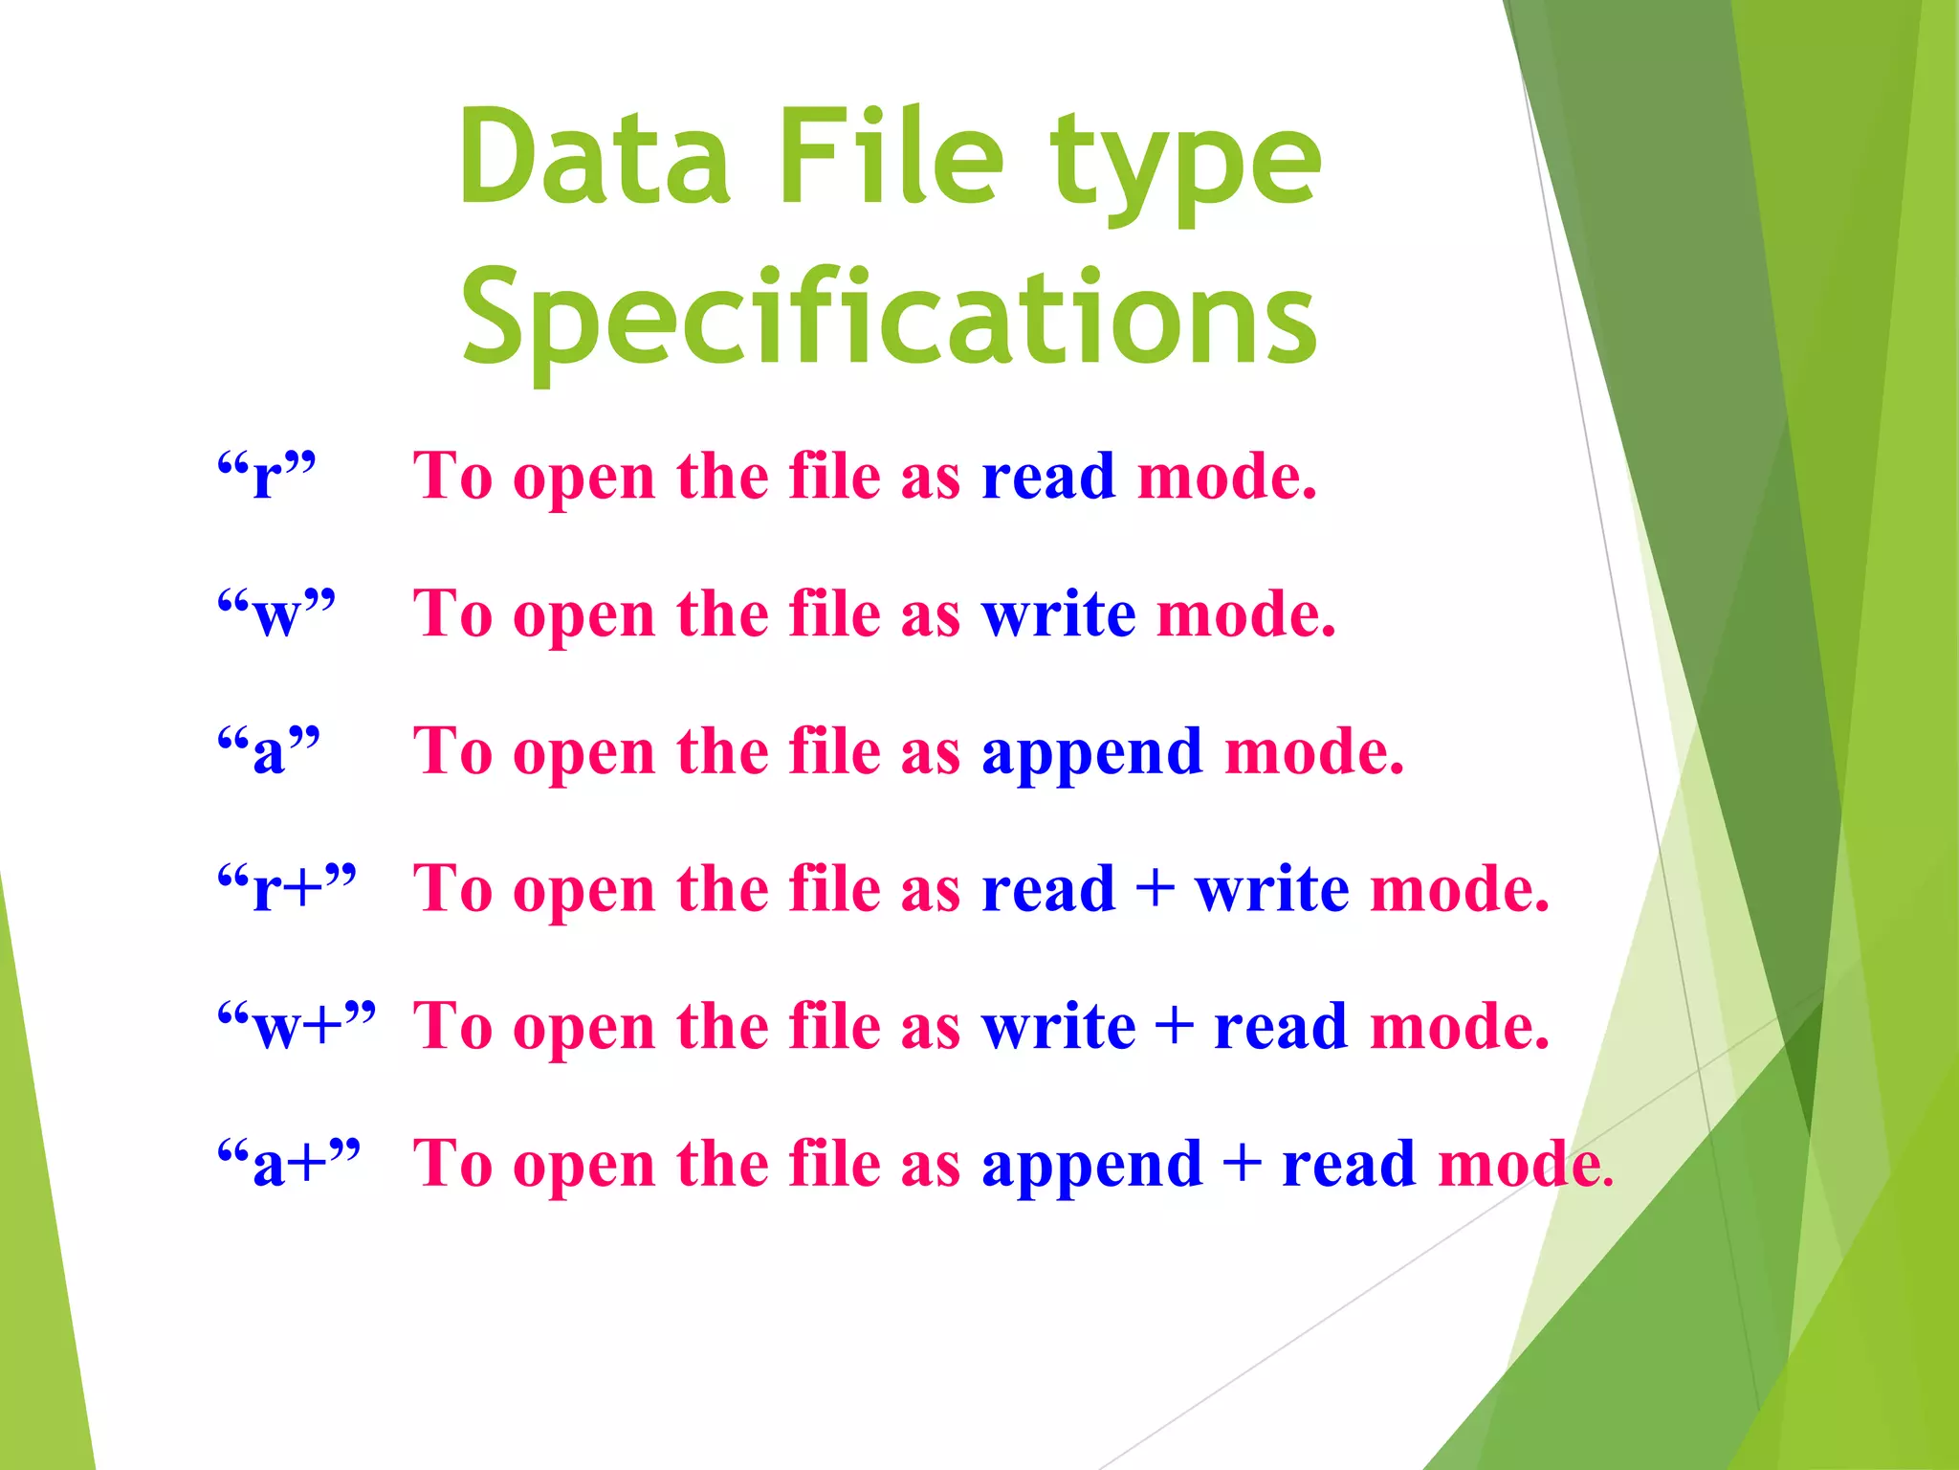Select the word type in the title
tap(1185, 163)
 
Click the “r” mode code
tap(266, 476)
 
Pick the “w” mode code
tap(276, 613)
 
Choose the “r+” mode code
tap(287, 888)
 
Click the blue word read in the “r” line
tap(1048, 476)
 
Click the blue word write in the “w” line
tap(1059, 613)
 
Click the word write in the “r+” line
tap(1272, 888)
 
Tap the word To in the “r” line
tap(452, 476)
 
